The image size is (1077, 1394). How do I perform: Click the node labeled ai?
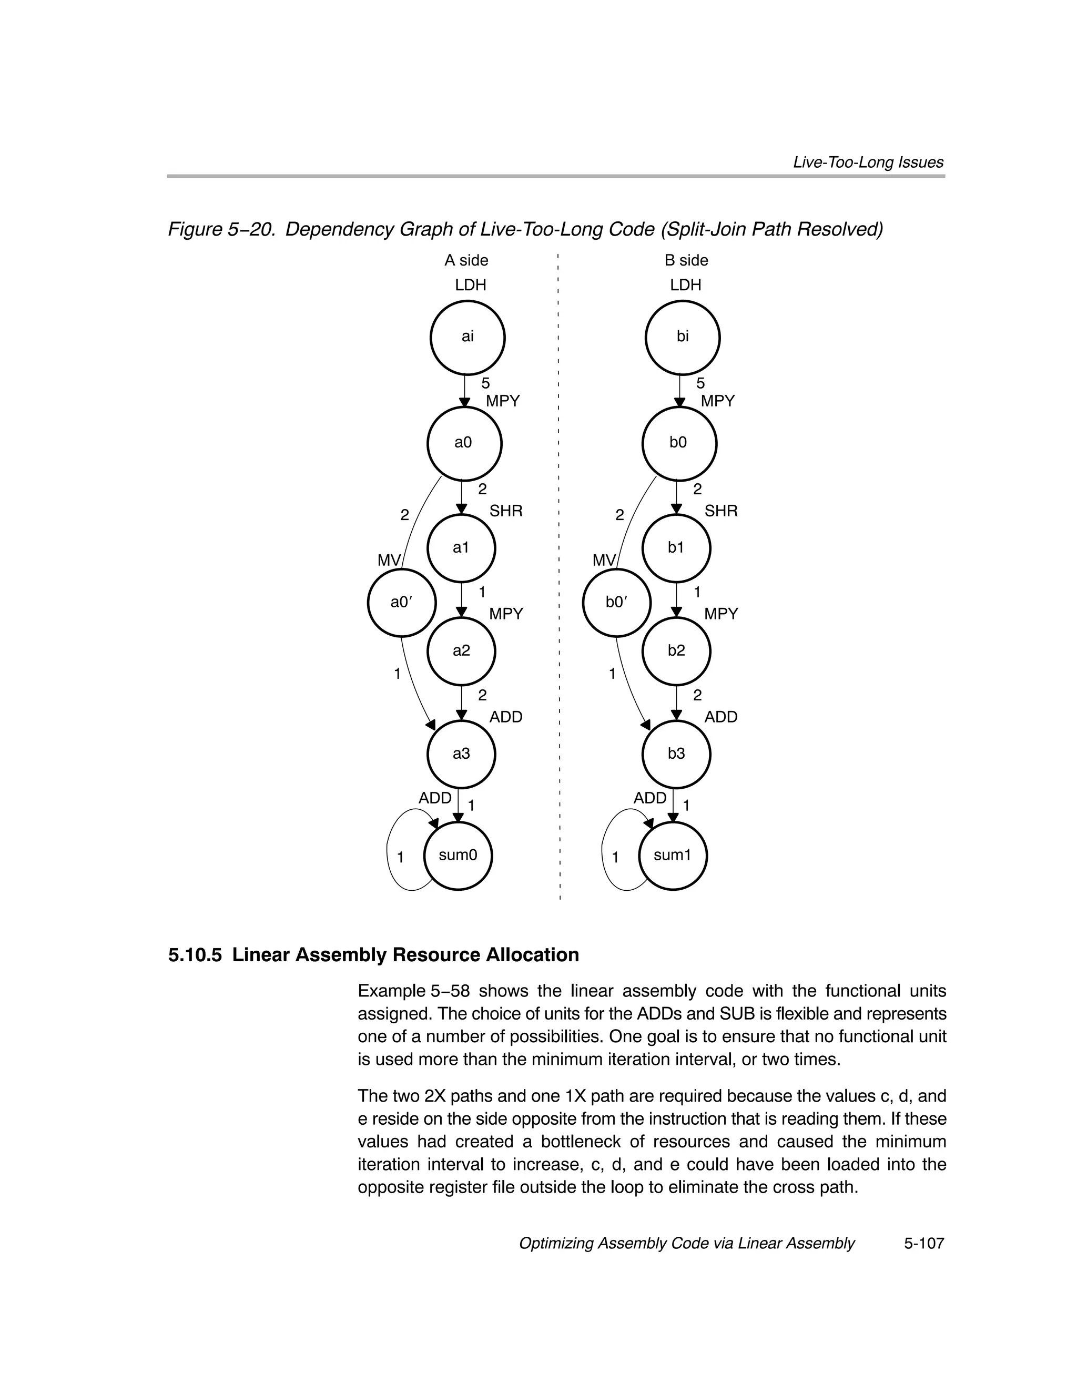pos(468,338)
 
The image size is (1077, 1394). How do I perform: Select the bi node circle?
pos(683,338)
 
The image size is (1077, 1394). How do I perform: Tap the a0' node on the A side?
pos(402,602)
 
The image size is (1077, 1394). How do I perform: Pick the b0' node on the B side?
pos(617,602)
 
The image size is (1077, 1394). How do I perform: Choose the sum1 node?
pos(673,856)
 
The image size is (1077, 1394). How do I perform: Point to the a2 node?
pos(461,651)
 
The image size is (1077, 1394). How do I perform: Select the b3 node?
pos(676,754)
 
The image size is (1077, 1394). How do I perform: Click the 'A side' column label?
pos(466,260)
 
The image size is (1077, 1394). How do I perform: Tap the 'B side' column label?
pos(686,260)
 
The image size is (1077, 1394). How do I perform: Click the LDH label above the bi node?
pos(686,286)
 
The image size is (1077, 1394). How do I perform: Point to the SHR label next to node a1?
pos(505,511)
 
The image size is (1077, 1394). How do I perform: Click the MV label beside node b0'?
pos(603,561)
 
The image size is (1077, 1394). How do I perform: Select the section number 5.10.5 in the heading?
pos(195,955)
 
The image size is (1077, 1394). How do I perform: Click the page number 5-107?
pos(923,1244)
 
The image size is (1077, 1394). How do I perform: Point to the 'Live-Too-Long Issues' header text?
pos(868,162)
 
